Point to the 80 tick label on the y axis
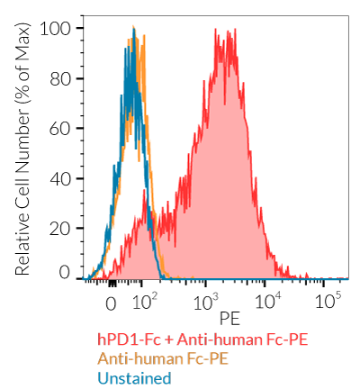[x=59, y=77]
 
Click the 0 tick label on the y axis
[x=64, y=272]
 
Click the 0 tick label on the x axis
[x=112, y=303]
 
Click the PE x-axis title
[x=229, y=318]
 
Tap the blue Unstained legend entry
[x=134, y=377]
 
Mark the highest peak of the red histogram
[x=217, y=30]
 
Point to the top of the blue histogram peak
[x=133, y=31]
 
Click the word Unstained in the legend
[x=134, y=377]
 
